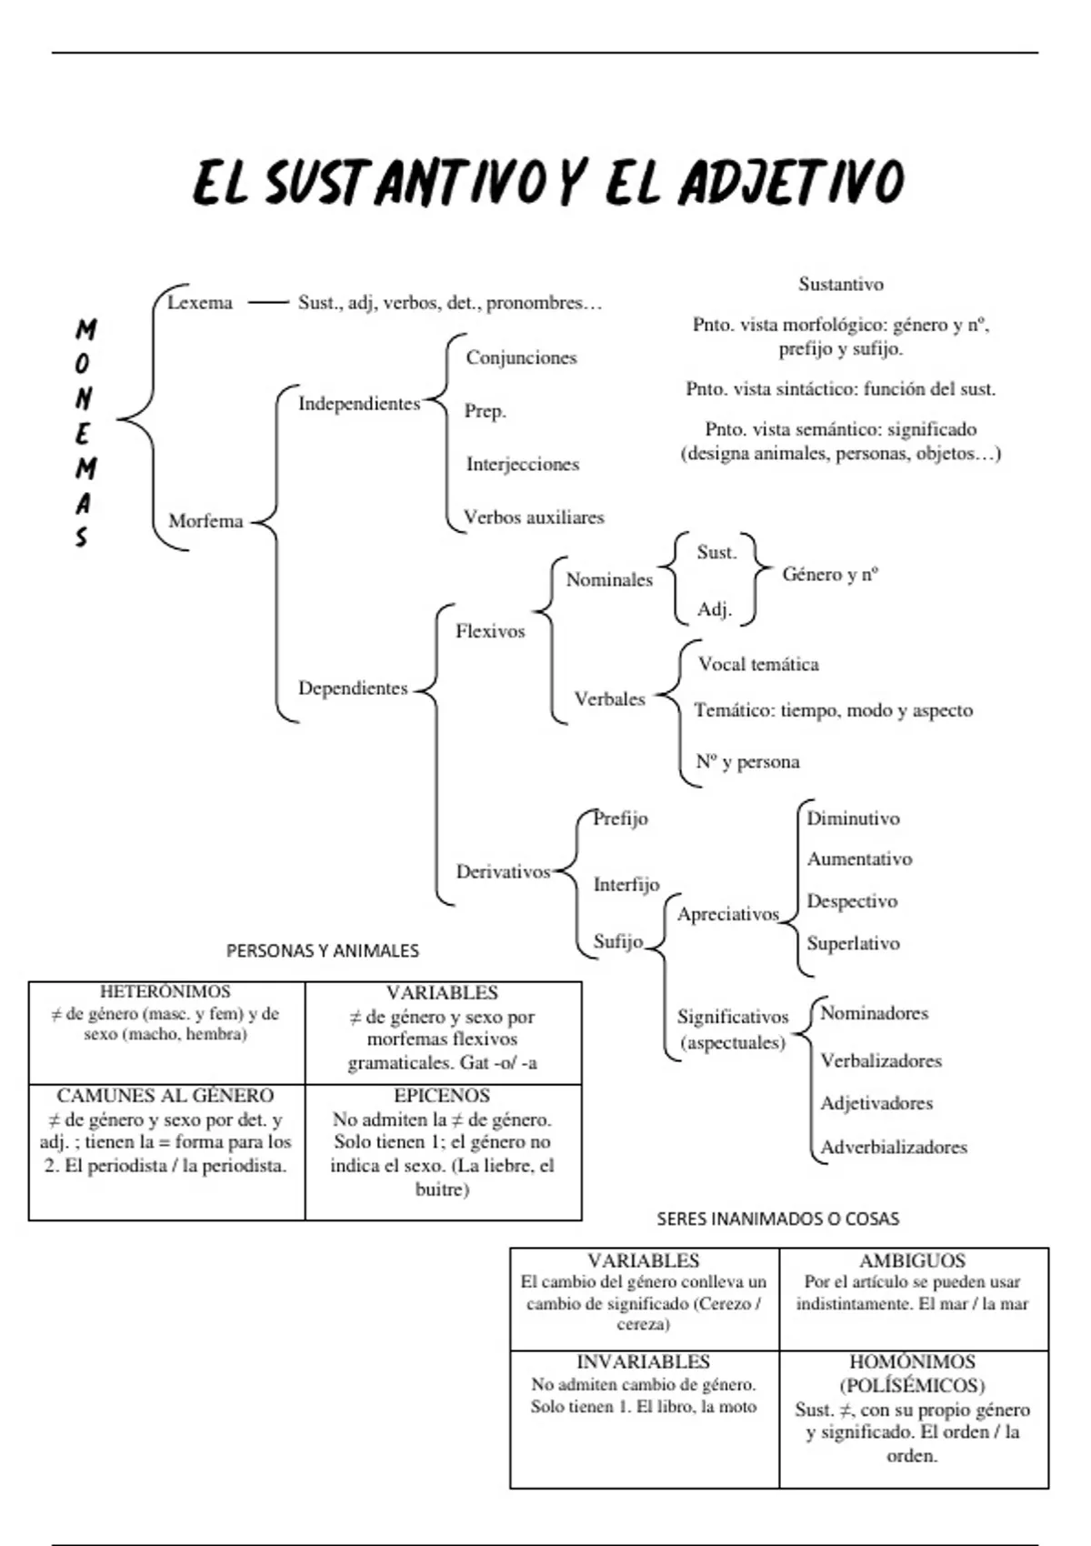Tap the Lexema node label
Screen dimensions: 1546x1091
coord(200,303)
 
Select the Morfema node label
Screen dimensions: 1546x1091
coord(205,521)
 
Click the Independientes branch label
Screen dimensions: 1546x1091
coord(359,404)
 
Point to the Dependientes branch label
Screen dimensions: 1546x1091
coord(353,688)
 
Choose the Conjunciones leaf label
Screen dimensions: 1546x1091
coord(521,357)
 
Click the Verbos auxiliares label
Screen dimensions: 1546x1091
coord(534,517)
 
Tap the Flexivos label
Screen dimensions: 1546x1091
coord(490,631)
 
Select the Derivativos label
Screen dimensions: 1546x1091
coord(503,872)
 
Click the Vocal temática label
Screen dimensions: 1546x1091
coord(758,664)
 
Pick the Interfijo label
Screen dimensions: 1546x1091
coord(626,884)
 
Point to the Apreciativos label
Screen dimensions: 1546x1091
coord(727,914)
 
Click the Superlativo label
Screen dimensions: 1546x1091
coord(853,943)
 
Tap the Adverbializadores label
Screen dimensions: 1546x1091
coord(893,1147)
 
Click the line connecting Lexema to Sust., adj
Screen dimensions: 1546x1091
coord(267,303)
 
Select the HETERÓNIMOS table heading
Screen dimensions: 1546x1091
coord(165,992)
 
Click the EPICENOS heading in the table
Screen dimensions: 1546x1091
coord(442,1096)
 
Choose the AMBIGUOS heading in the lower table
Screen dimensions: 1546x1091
coord(912,1260)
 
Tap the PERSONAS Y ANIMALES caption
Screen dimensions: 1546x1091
coord(322,951)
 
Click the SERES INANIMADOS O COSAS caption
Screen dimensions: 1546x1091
coord(777,1219)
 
